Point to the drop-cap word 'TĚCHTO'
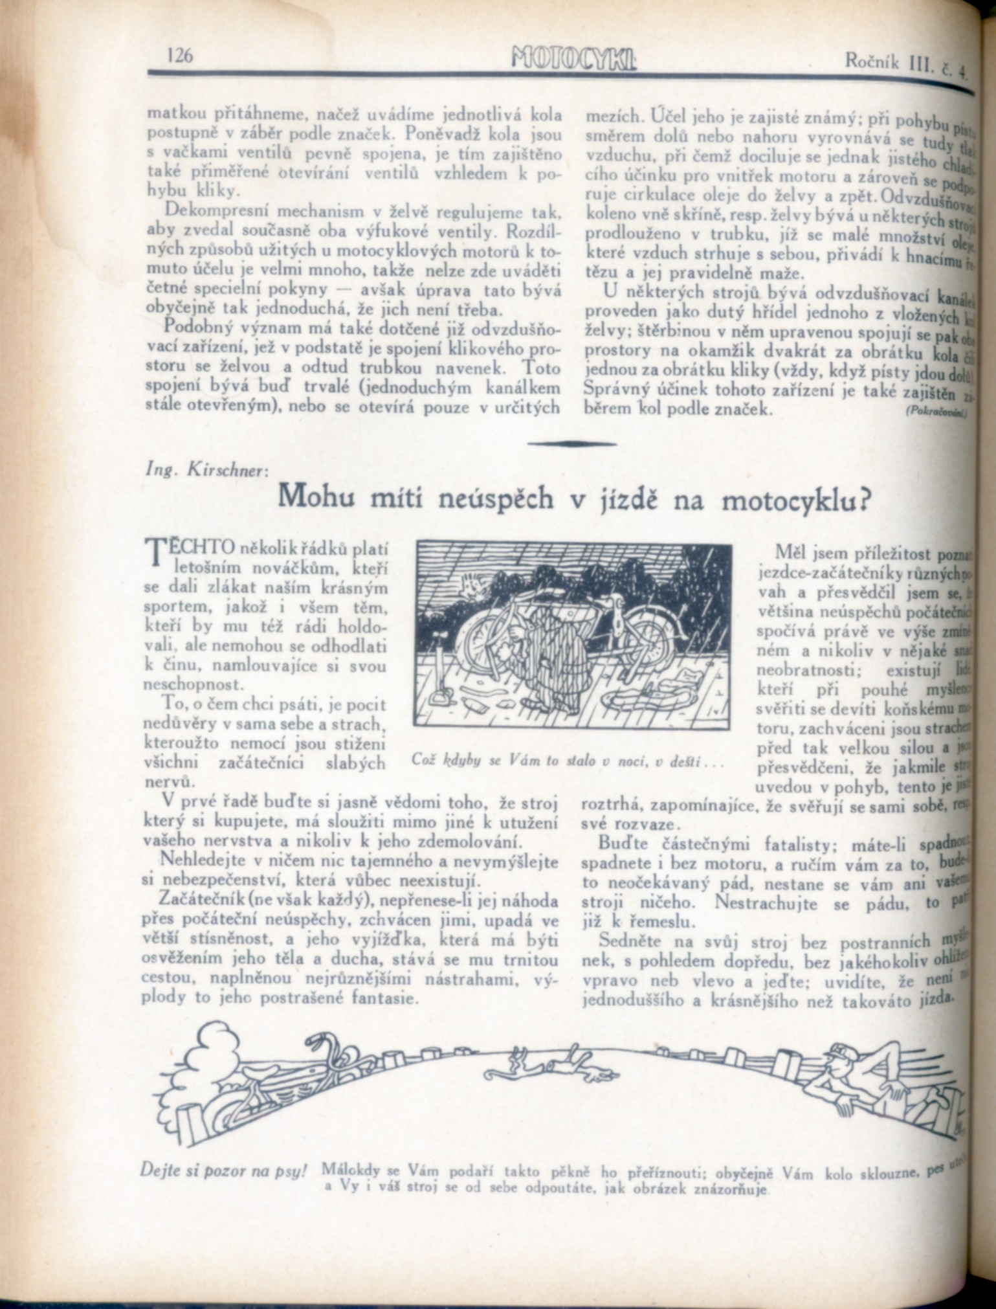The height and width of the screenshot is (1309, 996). coord(190,550)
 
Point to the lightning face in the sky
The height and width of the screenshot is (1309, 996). coord(470,585)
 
